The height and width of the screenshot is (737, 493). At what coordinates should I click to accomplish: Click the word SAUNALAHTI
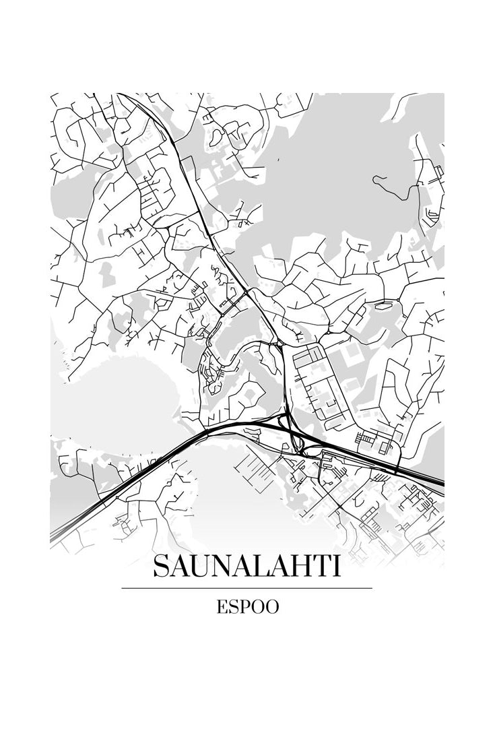(246, 567)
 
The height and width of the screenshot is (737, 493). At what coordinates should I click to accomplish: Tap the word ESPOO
(247, 607)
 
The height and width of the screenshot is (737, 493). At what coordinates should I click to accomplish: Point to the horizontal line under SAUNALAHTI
(246, 588)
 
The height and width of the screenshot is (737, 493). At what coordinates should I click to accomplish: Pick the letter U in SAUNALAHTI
(201, 567)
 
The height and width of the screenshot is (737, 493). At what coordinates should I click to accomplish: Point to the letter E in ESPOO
(222, 607)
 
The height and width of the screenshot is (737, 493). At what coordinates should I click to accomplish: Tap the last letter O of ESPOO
(272, 607)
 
